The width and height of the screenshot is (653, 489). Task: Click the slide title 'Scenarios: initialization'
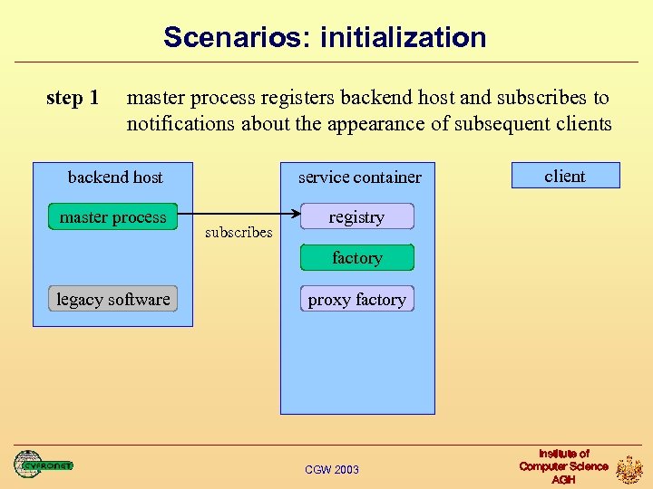(x=325, y=38)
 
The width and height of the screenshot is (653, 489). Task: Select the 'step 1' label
(x=73, y=98)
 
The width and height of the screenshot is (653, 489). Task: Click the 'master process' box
(x=113, y=217)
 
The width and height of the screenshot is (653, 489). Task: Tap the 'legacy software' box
(x=112, y=299)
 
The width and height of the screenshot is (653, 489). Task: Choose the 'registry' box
(x=356, y=217)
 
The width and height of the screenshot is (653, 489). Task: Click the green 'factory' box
(x=356, y=258)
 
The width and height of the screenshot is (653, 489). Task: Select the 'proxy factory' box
(x=356, y=300)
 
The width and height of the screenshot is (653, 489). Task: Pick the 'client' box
(x=565, y=176)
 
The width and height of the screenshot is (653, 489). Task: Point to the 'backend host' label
(x=115, y=177)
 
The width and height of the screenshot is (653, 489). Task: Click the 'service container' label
(x=360, y=177)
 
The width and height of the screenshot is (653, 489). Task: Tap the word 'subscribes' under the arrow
(x=239, y=233)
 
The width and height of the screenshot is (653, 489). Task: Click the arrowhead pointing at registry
(x=296, y=214)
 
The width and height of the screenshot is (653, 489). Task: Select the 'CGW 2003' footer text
(x=332, y=469)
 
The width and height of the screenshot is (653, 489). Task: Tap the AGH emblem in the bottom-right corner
(x=629, y=469)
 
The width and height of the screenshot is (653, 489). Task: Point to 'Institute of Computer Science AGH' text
(x=563, y=466)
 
